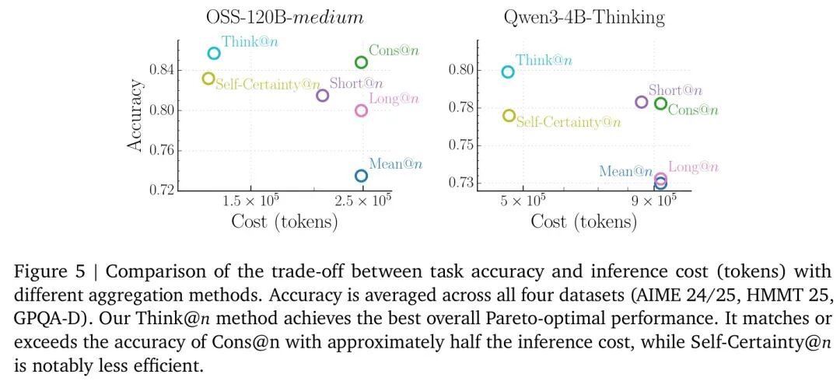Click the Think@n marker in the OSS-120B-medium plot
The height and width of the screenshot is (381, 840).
pyautogui.click(x=214, y=53)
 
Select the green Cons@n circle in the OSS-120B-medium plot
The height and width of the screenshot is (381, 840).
pyautogui.click(x=361, y=62)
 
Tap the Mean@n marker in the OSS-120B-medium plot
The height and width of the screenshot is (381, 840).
pyautogui.click(x=361, y=176)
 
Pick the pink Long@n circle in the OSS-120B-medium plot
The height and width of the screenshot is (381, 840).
pyautogui.click(x=361, y=110)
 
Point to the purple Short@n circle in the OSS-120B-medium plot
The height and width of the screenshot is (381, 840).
pyautogui.click(x=322, y=96)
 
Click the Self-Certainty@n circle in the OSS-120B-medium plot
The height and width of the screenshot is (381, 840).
pyautogui.click(x=208, y=79)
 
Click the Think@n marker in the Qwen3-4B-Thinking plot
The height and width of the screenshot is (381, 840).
pyautogui.click(x=508, y=72)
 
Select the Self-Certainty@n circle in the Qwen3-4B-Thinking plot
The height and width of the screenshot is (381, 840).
pyautogui.click(x=509, y=116)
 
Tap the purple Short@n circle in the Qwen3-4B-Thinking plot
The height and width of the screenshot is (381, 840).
pyautogui.click(x=642, y=102)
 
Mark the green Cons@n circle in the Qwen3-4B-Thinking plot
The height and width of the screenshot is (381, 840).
pyautogui.click(x=660, y=103)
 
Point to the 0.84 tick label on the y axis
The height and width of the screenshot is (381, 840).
pyautogui.click(x=160, y=70)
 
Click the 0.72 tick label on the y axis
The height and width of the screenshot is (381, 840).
pyautogui.click(x=160, y=189)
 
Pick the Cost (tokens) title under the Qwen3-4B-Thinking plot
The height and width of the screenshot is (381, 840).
pyautogui.click(x=583, y=222)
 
